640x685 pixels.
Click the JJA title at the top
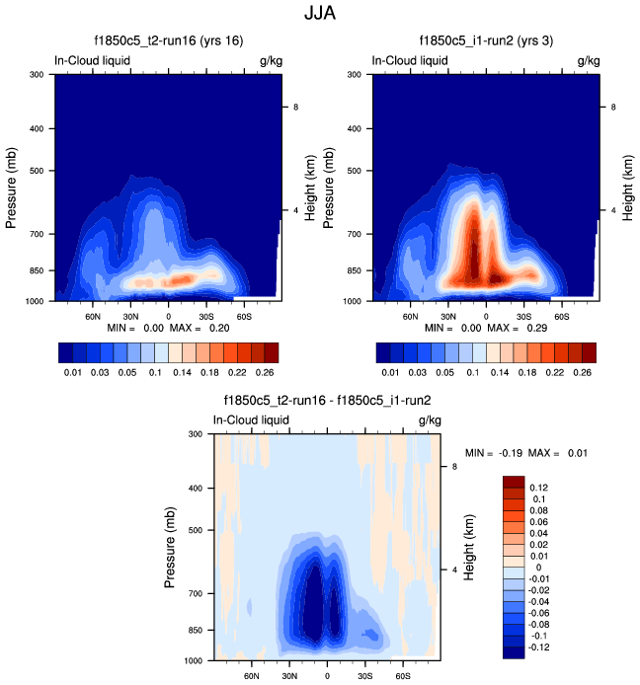coord(319,14)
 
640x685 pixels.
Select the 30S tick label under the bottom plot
coord(365,677)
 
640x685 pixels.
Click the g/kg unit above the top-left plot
coord(269,60)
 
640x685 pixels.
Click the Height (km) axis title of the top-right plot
coord(629,187)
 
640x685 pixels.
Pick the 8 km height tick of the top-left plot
coord(296,106)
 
